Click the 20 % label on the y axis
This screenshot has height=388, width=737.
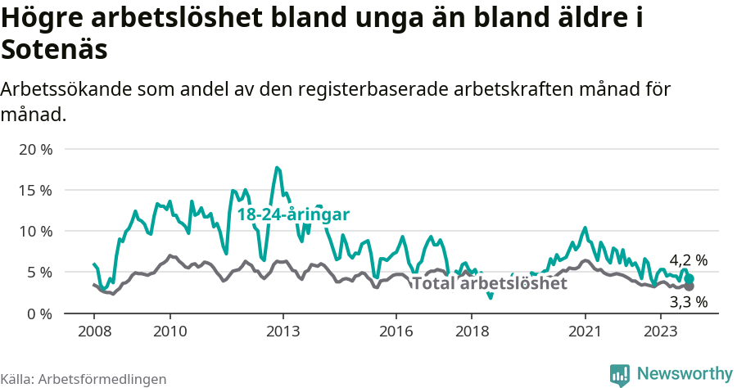pos(37,149)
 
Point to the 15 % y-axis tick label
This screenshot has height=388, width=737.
pos(37,190)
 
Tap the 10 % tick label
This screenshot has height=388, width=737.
pos(37,231)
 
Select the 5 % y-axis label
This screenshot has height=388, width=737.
pos(40,272)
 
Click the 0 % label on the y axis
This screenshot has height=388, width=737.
pos(40,314)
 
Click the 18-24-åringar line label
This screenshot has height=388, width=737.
pos(293,214)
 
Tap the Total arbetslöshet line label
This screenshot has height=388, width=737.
pos(489,284)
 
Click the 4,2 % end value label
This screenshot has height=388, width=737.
pos(688,260)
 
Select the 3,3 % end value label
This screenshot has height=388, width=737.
pos(688,302)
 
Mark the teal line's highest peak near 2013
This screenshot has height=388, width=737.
pos(278,168)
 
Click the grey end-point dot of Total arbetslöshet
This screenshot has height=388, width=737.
pos(690,286)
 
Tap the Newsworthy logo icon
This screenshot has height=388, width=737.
pos(620,374)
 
